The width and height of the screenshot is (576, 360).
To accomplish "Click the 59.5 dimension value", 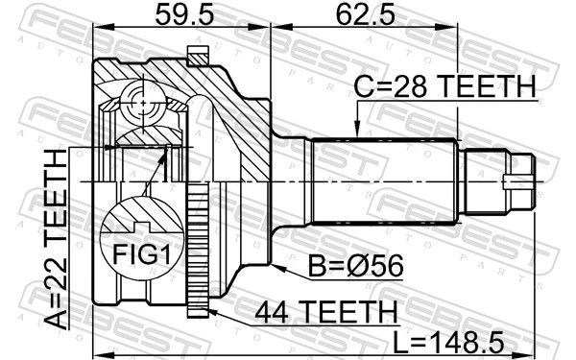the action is point(184,14).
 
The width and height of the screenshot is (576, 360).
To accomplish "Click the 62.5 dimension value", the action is point(365,14).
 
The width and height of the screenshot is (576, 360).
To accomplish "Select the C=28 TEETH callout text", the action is point(444,86).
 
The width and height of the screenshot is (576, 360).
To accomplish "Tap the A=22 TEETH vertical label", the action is point(56,239).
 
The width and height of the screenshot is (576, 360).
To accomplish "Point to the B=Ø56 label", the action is point(355,266).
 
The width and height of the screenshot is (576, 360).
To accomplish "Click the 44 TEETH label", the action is point(326,312).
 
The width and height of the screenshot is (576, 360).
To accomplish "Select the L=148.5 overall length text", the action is point(448,343).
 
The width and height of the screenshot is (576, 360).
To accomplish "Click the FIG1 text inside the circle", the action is point(141,255).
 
